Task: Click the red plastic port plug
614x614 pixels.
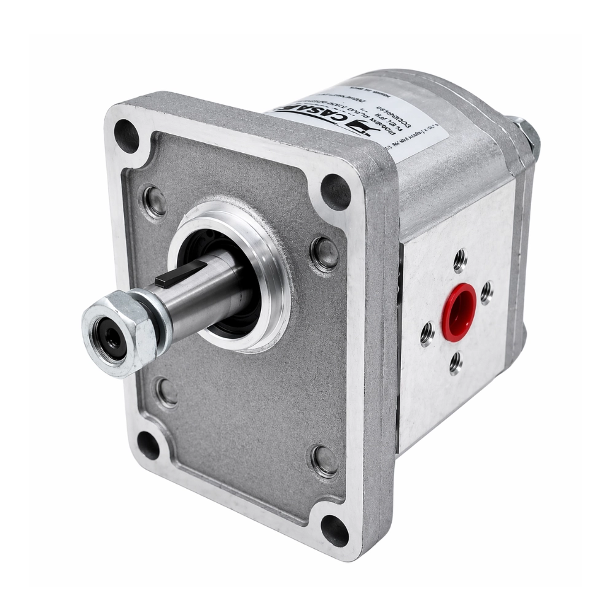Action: click(x=459, y=312)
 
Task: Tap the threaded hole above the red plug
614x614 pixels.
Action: click(x=460, y=260)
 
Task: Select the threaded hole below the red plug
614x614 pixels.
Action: click(x=456, y=363)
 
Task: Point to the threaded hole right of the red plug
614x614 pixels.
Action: click(x=486, y=292)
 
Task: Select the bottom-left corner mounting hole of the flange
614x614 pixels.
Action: click(x=148, y=445)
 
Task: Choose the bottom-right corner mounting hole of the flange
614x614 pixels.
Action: click(x=335, y=529)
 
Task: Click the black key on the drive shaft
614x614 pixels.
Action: click(x=181, y=274)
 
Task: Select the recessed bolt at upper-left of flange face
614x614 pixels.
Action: click(x=154, y=200)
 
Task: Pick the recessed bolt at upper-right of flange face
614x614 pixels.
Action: click(x=324, y=253)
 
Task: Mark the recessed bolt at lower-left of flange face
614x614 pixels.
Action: click(x=166, y=392)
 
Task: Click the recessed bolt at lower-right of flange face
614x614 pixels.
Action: click(x=324, y=460)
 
